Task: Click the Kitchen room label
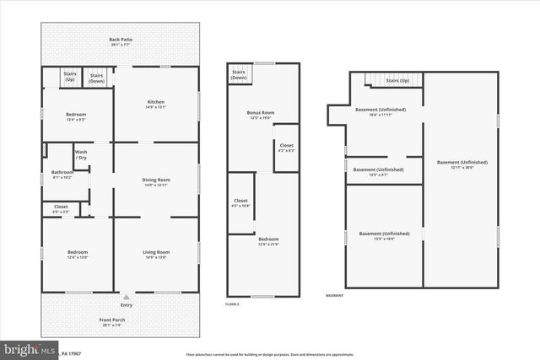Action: tap(156, 102)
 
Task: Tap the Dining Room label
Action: tap(156, 180)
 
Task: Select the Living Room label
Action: tap(156, 252)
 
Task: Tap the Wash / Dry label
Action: tap(81, 155)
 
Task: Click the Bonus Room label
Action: tap(262, 112)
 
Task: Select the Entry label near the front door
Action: tap(125, 305)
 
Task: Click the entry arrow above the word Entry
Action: tap(125, 297)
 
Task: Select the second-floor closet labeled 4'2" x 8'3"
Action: tap(286, 151)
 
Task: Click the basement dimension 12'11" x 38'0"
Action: tap(462, 167)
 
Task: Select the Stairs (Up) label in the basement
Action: tap(397, 81)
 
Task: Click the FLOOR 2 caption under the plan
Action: tap(233, 304)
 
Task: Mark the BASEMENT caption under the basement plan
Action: tap(336, 296)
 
